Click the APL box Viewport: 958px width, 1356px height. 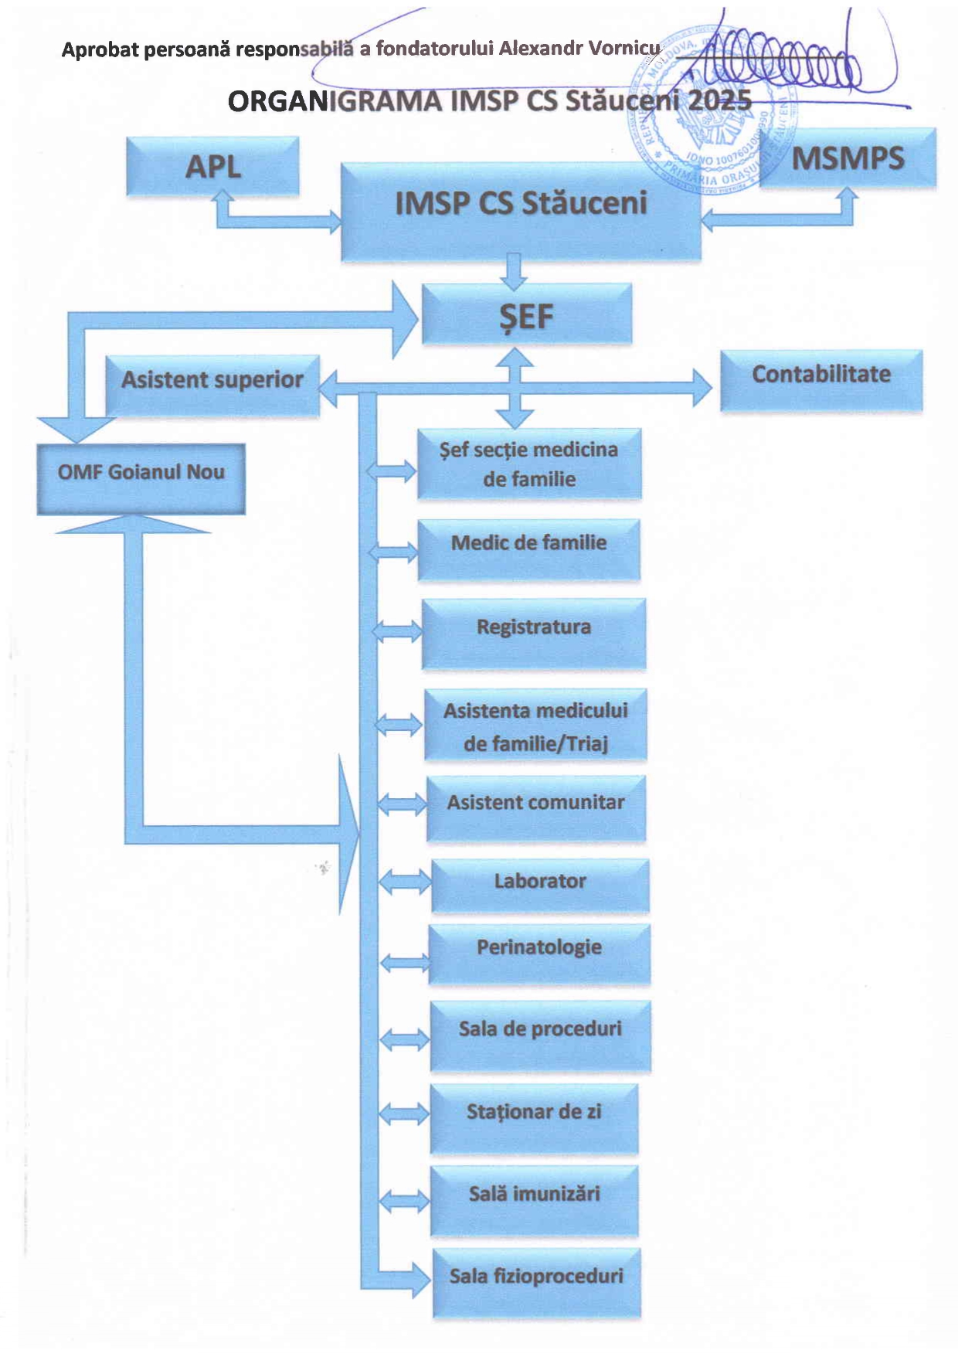[x=212, y=166]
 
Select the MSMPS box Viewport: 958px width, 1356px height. [x=848, y=158]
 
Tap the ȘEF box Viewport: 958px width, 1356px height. [x=527, y=314]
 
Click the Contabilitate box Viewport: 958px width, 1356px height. [x=821, y=379]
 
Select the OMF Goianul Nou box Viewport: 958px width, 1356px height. [x=141, y=478]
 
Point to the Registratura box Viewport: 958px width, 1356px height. [x=533, y=633]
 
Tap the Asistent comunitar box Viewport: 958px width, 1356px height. [x=536, y=807]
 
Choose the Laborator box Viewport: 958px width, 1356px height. [x=540, y=885]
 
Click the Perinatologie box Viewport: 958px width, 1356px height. [x=539, y=953]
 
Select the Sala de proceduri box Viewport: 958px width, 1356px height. [x=540, y=1035]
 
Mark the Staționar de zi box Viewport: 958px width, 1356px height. [x=534, y=1118]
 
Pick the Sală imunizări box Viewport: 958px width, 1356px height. [x=534, y=1200]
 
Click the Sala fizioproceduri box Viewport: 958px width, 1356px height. [x=537, y=1283]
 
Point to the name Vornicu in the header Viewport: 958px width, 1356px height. [x=624, y=49]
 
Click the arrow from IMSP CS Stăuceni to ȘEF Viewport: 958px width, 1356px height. [x=513, y=271]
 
